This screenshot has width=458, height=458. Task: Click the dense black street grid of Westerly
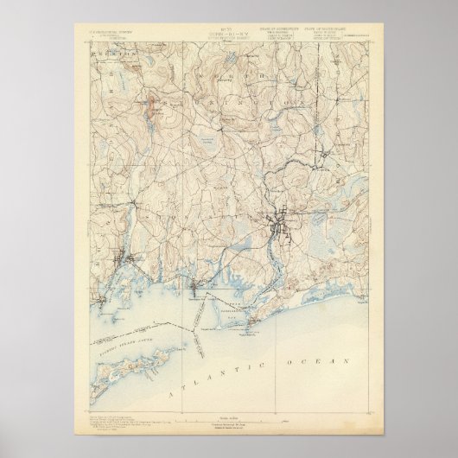(x=283, y=227)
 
